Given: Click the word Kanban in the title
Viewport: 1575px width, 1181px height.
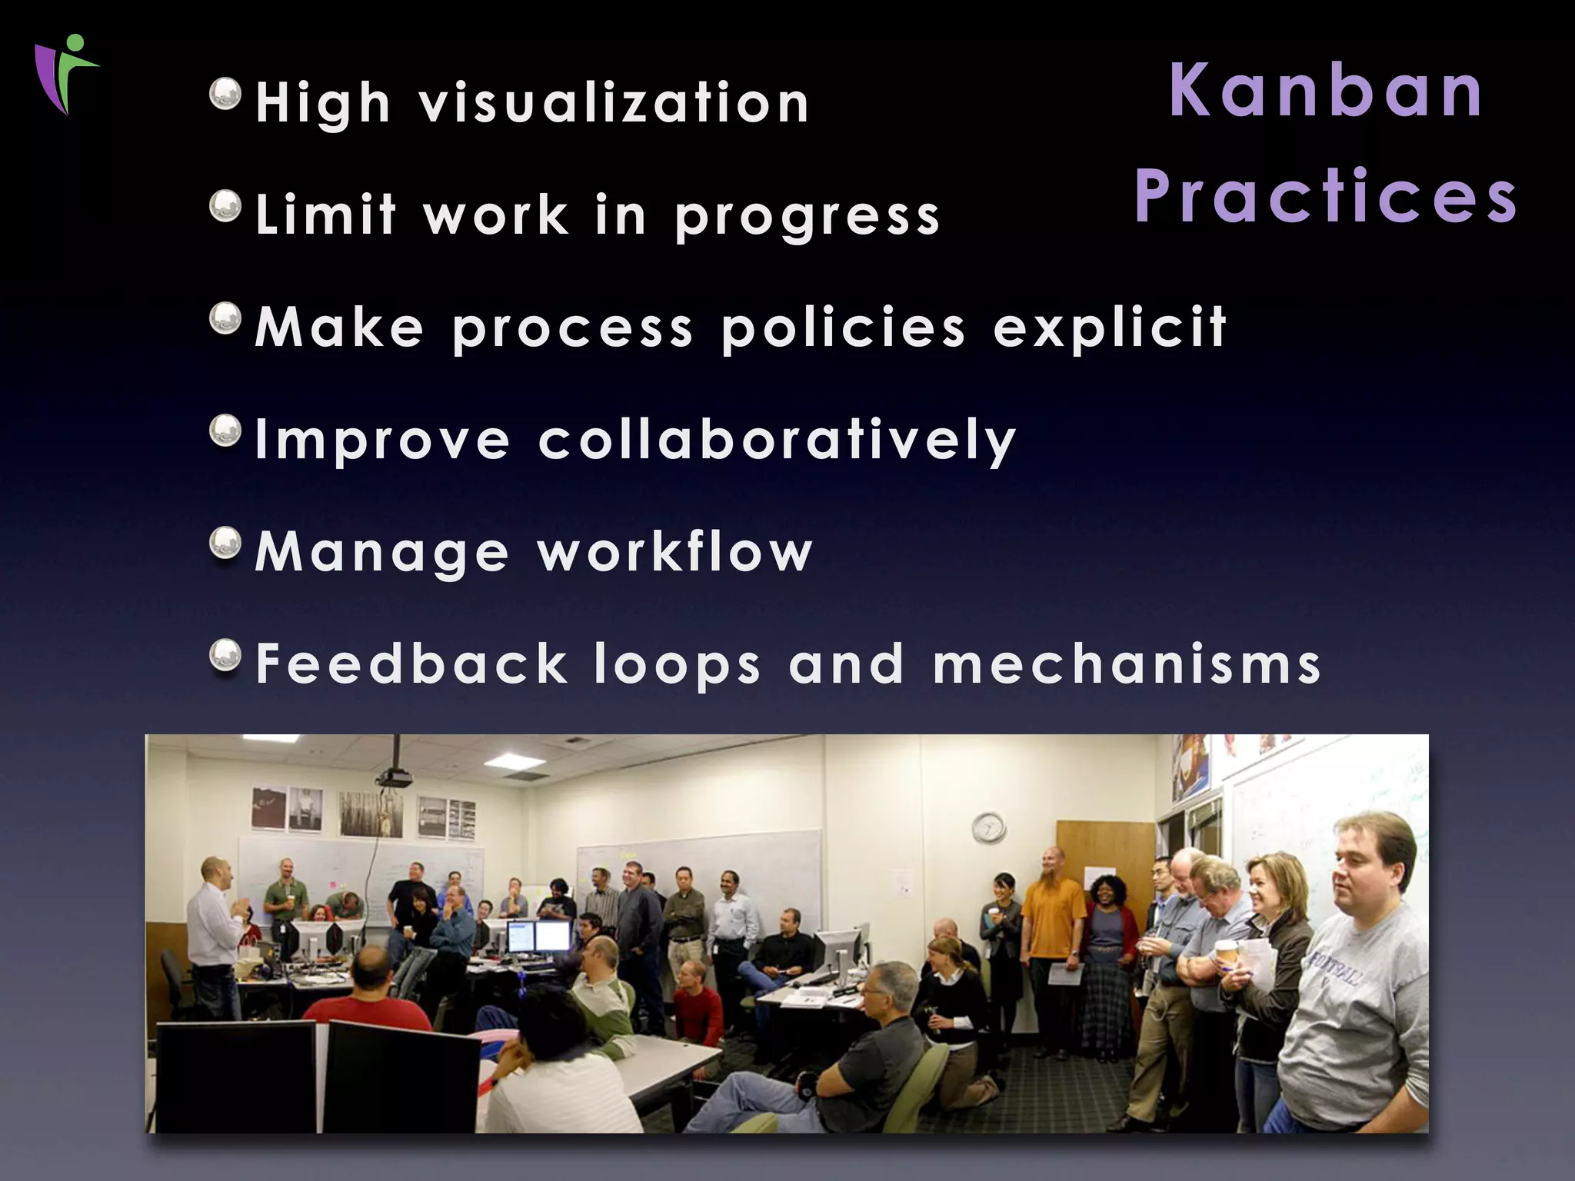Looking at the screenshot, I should tap(1326, 91).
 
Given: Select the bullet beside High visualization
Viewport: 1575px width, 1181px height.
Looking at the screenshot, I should tap(225, 95).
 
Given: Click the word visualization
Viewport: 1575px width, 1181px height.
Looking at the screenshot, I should tap(614, 103).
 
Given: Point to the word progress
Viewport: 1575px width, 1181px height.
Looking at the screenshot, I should tap(807, 217).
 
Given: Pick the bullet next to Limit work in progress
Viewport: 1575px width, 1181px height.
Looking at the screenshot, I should tap(225, 206).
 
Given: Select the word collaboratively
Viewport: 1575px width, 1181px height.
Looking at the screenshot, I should tap(777, 441).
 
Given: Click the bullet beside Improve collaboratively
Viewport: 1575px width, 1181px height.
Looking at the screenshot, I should tap(225, 431).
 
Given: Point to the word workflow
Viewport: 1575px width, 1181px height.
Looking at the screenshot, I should tap(674, 551).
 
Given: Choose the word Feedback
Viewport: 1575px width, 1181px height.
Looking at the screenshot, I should tap(411, 664).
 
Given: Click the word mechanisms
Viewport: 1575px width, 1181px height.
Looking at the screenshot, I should tap(1127, 664).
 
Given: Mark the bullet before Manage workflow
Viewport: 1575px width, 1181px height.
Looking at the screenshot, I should tap(225, 543).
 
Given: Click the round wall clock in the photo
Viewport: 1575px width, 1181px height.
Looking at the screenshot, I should tap(988, 827).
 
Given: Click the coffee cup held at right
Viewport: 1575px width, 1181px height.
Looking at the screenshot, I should tap(1225, 953).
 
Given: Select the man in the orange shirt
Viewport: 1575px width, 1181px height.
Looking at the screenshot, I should tap(1053, 915).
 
